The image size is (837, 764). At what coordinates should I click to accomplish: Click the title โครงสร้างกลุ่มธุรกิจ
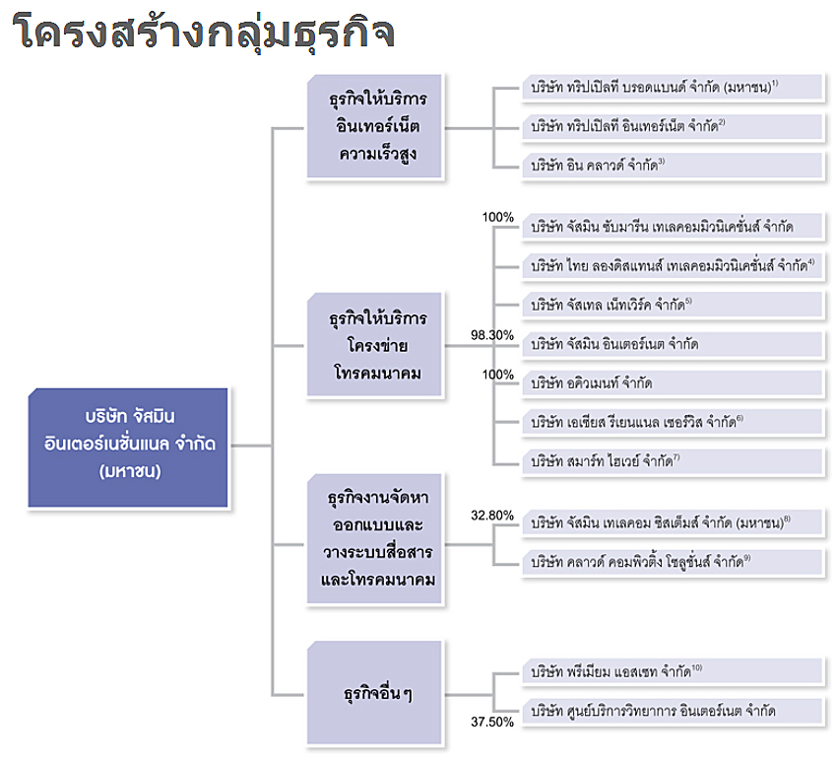click(x=203, y=33)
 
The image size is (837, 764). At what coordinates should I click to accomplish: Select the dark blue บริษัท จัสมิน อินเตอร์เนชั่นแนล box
click(x=128, y=448)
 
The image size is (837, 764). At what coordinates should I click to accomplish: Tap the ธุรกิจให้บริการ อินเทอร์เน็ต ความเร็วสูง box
click(x=374, y=126)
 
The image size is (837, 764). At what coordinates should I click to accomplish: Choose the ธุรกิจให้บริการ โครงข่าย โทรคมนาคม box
click(x=374, y=345)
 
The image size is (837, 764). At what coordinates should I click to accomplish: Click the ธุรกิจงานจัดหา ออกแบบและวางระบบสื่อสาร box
click(x=374, y=538)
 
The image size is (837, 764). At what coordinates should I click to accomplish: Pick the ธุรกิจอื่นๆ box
click(x=374, y=692)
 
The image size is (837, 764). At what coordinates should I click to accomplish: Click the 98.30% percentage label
click(x=492, y=335)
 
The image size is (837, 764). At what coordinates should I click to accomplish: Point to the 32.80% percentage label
click(x=492, y=516)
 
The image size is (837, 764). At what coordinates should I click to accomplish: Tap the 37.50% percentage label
click(x=492, y=723)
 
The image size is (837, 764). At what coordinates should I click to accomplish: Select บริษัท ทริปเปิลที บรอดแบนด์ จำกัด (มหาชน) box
click(x=674, y=87)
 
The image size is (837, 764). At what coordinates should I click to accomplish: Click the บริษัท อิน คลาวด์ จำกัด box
click(x=674, y=166)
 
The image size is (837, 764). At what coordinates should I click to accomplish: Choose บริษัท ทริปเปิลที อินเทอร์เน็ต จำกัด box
click(x=674, y=126)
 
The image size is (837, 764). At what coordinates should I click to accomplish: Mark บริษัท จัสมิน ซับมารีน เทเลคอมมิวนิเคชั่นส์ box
click(x=674, y=227)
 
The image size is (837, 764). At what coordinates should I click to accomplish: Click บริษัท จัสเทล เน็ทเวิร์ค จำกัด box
click(x=674, y=305)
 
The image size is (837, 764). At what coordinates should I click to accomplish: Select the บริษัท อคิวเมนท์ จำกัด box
click(x=674, y=383)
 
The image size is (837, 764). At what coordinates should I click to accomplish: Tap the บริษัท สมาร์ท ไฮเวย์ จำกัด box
click(x=674, y=461)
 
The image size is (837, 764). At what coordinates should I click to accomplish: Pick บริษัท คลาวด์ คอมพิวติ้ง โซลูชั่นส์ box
click(x=674, y=562)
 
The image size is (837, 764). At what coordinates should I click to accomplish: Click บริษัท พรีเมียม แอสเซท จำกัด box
click(x=674, y=671)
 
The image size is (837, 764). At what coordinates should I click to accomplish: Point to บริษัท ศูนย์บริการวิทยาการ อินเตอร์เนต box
click(x=674, y=711)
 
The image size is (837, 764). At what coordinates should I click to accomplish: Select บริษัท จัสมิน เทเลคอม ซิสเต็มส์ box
click(x=674, y=522)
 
